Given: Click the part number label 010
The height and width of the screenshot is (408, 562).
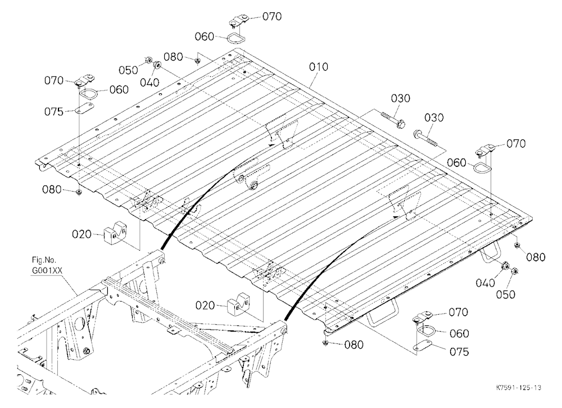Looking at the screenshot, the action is [318, 67].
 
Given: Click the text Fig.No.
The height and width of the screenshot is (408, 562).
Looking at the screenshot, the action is [44, 260].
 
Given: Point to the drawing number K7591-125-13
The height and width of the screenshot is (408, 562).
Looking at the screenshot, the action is [519, 388].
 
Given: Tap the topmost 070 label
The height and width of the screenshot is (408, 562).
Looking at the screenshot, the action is [271, 16].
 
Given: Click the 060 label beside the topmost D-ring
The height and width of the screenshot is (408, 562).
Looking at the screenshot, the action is [205, 37].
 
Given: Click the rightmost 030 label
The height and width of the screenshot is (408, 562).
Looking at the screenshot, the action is [434, 117].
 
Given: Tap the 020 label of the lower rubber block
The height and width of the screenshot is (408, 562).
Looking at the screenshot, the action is [205, 306].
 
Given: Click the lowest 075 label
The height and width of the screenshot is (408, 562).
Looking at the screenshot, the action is [459, 352].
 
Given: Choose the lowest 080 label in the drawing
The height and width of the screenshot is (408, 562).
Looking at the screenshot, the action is [353, 345].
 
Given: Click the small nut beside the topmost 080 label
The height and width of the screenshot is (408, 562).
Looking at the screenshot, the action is [197, 62].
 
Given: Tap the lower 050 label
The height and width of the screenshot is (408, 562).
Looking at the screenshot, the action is [505, 294].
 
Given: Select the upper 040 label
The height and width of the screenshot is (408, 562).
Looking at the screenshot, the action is [149, 83].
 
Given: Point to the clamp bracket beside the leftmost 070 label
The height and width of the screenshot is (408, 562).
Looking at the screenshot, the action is [85, 80].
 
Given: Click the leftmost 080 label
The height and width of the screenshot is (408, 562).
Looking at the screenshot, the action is [52, 189].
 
